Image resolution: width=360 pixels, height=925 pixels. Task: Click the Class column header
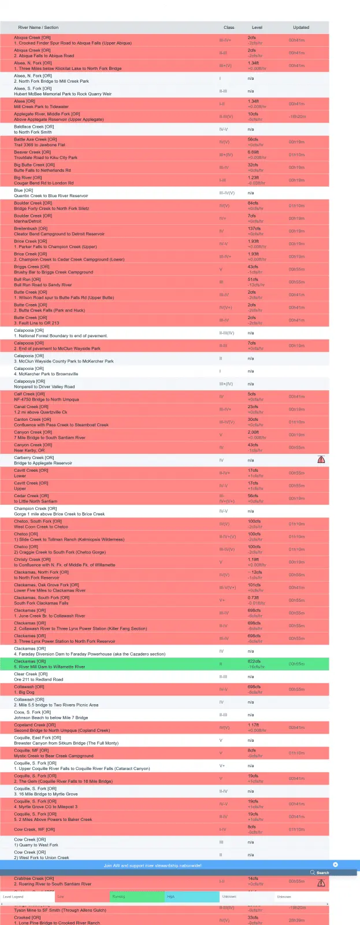pos(229,27)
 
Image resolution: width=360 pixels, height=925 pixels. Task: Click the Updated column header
pos(300,27)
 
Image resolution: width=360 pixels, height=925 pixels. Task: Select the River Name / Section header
pos(38,27)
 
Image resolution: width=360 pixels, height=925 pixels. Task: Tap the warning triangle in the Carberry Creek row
pos(321,460)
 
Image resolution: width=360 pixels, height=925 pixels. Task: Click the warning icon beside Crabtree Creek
pos(321,883)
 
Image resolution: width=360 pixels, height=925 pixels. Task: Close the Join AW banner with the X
pos(335,864)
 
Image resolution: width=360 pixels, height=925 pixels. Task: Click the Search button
pos(320,872)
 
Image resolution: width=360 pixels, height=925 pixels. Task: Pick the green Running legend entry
pos(136,897)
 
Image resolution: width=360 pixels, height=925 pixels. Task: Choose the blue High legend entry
pos(191,897)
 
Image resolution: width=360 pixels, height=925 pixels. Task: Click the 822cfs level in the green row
pos(254,661)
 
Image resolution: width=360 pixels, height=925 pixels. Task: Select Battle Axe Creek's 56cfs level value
pos(253,139)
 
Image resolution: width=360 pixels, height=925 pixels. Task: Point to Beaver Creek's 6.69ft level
pos(254,152)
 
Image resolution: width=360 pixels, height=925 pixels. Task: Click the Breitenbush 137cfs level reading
pos(254,228)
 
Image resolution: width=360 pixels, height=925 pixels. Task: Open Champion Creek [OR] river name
pos(35,508)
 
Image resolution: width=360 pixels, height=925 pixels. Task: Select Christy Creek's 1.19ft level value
pos(254,559)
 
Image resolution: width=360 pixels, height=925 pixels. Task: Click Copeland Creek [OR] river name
pos(35,724)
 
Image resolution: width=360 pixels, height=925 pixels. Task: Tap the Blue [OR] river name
pos(24,190)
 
